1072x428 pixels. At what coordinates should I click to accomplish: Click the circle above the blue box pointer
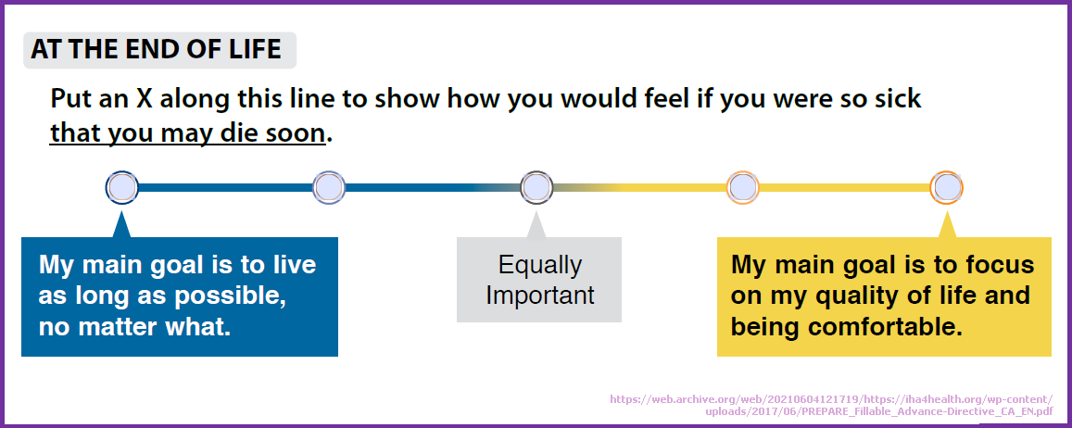122,186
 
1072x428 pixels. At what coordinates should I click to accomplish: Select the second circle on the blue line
329,186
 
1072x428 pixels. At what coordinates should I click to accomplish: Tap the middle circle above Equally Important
536,186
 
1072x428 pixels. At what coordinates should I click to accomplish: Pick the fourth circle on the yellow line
743,186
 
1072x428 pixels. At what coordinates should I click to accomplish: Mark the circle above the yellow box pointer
947,186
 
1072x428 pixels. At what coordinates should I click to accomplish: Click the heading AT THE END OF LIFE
156,50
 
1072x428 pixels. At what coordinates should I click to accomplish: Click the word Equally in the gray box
540,265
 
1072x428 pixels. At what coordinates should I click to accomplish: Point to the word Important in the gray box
540,295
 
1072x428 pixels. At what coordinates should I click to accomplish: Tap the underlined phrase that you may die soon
187,133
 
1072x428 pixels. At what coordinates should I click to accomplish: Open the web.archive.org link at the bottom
831,405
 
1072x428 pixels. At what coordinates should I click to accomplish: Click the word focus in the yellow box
998,265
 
